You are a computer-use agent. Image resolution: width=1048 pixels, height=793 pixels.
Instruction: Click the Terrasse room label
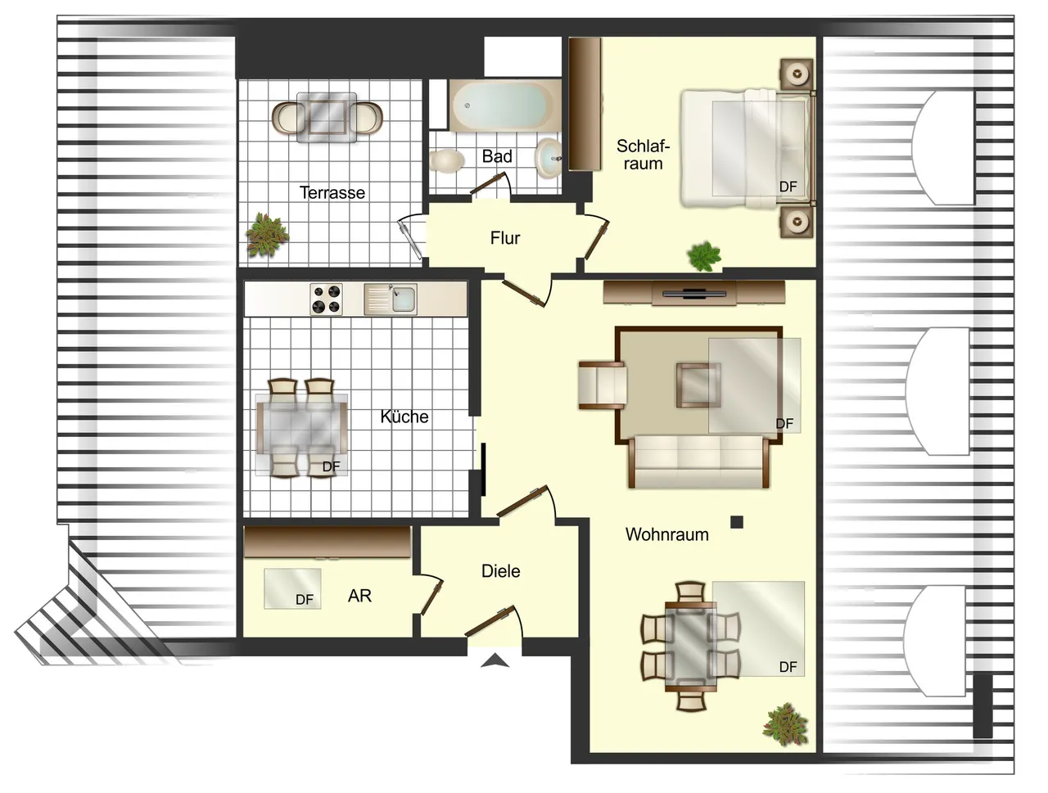pyautogui.click(x=332, y=193)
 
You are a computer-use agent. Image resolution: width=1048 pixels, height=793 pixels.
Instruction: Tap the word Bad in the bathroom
pyautogui.click(x=496, y=156)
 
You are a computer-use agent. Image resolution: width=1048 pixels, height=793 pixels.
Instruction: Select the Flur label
pyautogui.click(x=504, y=237)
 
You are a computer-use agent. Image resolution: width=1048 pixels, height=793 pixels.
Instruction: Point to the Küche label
pyautogui.click(x=404, y=417)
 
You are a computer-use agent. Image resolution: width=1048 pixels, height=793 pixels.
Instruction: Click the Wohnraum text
pyautogui.click(x=666, y=534)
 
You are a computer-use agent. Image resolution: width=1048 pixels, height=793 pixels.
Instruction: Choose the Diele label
pyautogui.click(x=500, y=571)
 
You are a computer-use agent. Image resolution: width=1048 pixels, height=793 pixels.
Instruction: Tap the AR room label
pyautogui.click(x=359, y=596)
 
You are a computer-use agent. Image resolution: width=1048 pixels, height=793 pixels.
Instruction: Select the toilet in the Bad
pyautogui.click(x=446, y=160)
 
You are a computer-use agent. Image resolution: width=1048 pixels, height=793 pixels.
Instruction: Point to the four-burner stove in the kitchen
pyautogui.click(x=326, y=300)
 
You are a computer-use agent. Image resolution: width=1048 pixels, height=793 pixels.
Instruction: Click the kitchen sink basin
pyautogui.click(x=404, y=300)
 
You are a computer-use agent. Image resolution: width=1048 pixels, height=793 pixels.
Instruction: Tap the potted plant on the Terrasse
pyautogui.click(x=266, y=235)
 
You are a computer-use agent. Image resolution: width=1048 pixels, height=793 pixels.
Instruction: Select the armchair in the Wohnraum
pyautogui.click(x=603, y=385)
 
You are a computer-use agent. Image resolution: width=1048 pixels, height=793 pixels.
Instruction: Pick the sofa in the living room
pyautogui.click(x=699, y=462)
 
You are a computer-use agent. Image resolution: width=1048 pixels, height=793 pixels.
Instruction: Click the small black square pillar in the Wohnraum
pyautogui.click(x=737, y=522)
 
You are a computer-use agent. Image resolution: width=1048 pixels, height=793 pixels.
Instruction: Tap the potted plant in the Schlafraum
pyautogui.click(x=704, y=256)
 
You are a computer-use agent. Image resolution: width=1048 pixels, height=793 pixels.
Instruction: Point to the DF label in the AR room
pyautogui.click(x=305, y=600)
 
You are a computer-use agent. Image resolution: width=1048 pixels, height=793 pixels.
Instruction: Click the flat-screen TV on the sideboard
pyautogui.click(x=693, y=293)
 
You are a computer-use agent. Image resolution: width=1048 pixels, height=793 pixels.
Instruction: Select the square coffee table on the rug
pyautogui.click(x=698, y=385)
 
